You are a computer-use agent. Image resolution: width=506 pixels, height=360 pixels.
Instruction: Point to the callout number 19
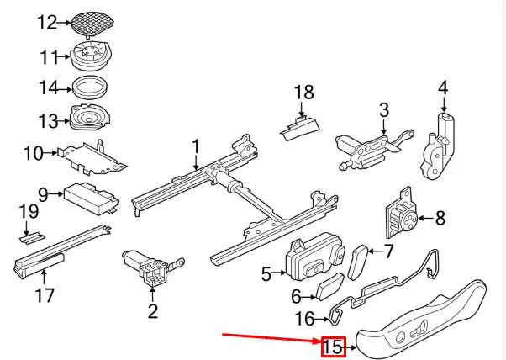pyautogui.click(x=28, y=213)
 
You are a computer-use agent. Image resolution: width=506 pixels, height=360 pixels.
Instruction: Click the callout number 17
pyautogui.click(x=45, y=295)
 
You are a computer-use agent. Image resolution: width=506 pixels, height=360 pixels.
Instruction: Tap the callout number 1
pyautogui.click(x=195, y=147)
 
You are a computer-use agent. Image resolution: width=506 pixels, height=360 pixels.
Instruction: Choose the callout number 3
pyautogui.click(x=383, y=109)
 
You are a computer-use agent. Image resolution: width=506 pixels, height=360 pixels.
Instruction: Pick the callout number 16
pyautogui.click(x=306, y=319)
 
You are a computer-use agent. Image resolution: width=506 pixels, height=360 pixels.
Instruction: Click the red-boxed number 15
pyautogui.click(x=334, y=346)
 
